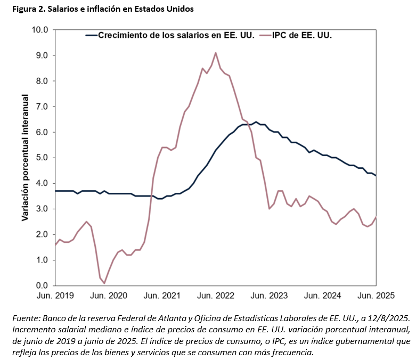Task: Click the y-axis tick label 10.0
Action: tap(39, 30)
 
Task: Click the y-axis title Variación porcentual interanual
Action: tap(25, 158)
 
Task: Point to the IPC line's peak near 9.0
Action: tap(216, 53)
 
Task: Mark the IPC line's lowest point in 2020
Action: tap(104, 283)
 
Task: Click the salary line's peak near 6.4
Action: tap(256, 122)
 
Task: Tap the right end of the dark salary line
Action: tap(377, 176)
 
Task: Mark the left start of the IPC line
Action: tap(55, 244)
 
